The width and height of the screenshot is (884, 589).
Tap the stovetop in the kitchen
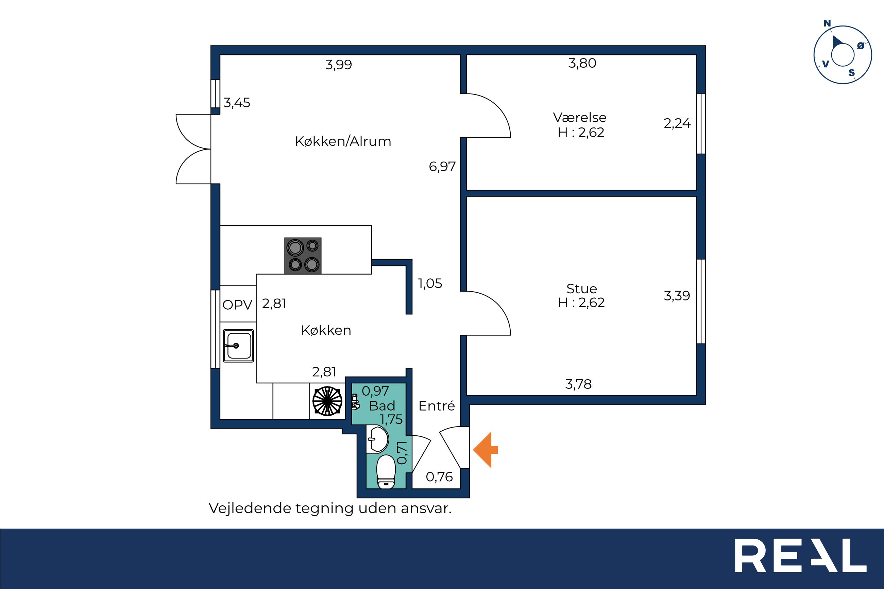303,256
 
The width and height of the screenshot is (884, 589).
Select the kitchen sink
239,346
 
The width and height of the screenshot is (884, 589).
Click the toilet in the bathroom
386,472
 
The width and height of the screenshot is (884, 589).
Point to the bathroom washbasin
377,439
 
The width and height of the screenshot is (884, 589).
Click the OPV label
237,305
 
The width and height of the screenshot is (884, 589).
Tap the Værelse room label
580,118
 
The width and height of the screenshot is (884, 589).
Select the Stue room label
581,289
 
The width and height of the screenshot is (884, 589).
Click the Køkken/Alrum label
343,141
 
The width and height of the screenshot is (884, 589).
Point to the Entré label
437,406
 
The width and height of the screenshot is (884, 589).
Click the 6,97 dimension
442,167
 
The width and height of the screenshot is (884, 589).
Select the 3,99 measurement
339,65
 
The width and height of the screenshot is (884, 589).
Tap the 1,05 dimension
430,283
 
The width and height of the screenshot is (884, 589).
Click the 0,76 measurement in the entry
439,477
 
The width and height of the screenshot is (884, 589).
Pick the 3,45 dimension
237,103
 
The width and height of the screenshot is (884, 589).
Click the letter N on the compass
827,23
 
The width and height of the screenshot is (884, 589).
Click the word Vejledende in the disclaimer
250,508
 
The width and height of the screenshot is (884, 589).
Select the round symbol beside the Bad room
327,401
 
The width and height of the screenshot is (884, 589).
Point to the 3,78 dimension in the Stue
578,384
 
